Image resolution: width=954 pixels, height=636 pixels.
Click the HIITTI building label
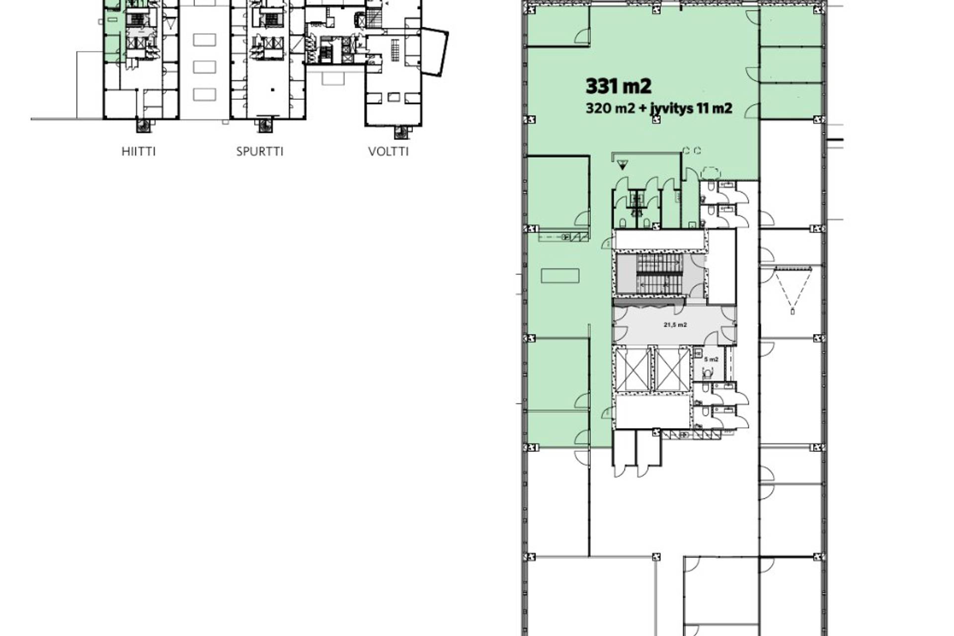coord(139,151)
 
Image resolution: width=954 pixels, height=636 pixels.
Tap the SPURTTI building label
coord(260,151)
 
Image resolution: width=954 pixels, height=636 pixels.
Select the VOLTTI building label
coord(389,151)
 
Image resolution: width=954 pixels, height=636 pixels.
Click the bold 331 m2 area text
coord(618,86)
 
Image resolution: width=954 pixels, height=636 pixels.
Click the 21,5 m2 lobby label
coord(675,325)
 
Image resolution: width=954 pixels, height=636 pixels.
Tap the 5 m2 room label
coord(711,359)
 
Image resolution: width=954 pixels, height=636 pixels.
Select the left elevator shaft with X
coord(633,370)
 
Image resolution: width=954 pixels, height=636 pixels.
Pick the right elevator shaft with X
coord(671,370)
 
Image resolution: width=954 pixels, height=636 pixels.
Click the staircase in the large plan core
coord(660,274)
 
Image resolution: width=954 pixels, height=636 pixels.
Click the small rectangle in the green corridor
coord(560,275)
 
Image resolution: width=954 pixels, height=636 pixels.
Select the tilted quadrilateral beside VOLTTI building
coord(435,52)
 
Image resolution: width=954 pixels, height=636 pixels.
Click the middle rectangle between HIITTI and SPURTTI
coord(204,67)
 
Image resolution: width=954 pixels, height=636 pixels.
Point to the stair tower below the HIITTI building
coord(143,125)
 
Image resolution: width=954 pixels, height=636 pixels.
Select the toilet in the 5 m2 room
coord(708,372)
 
